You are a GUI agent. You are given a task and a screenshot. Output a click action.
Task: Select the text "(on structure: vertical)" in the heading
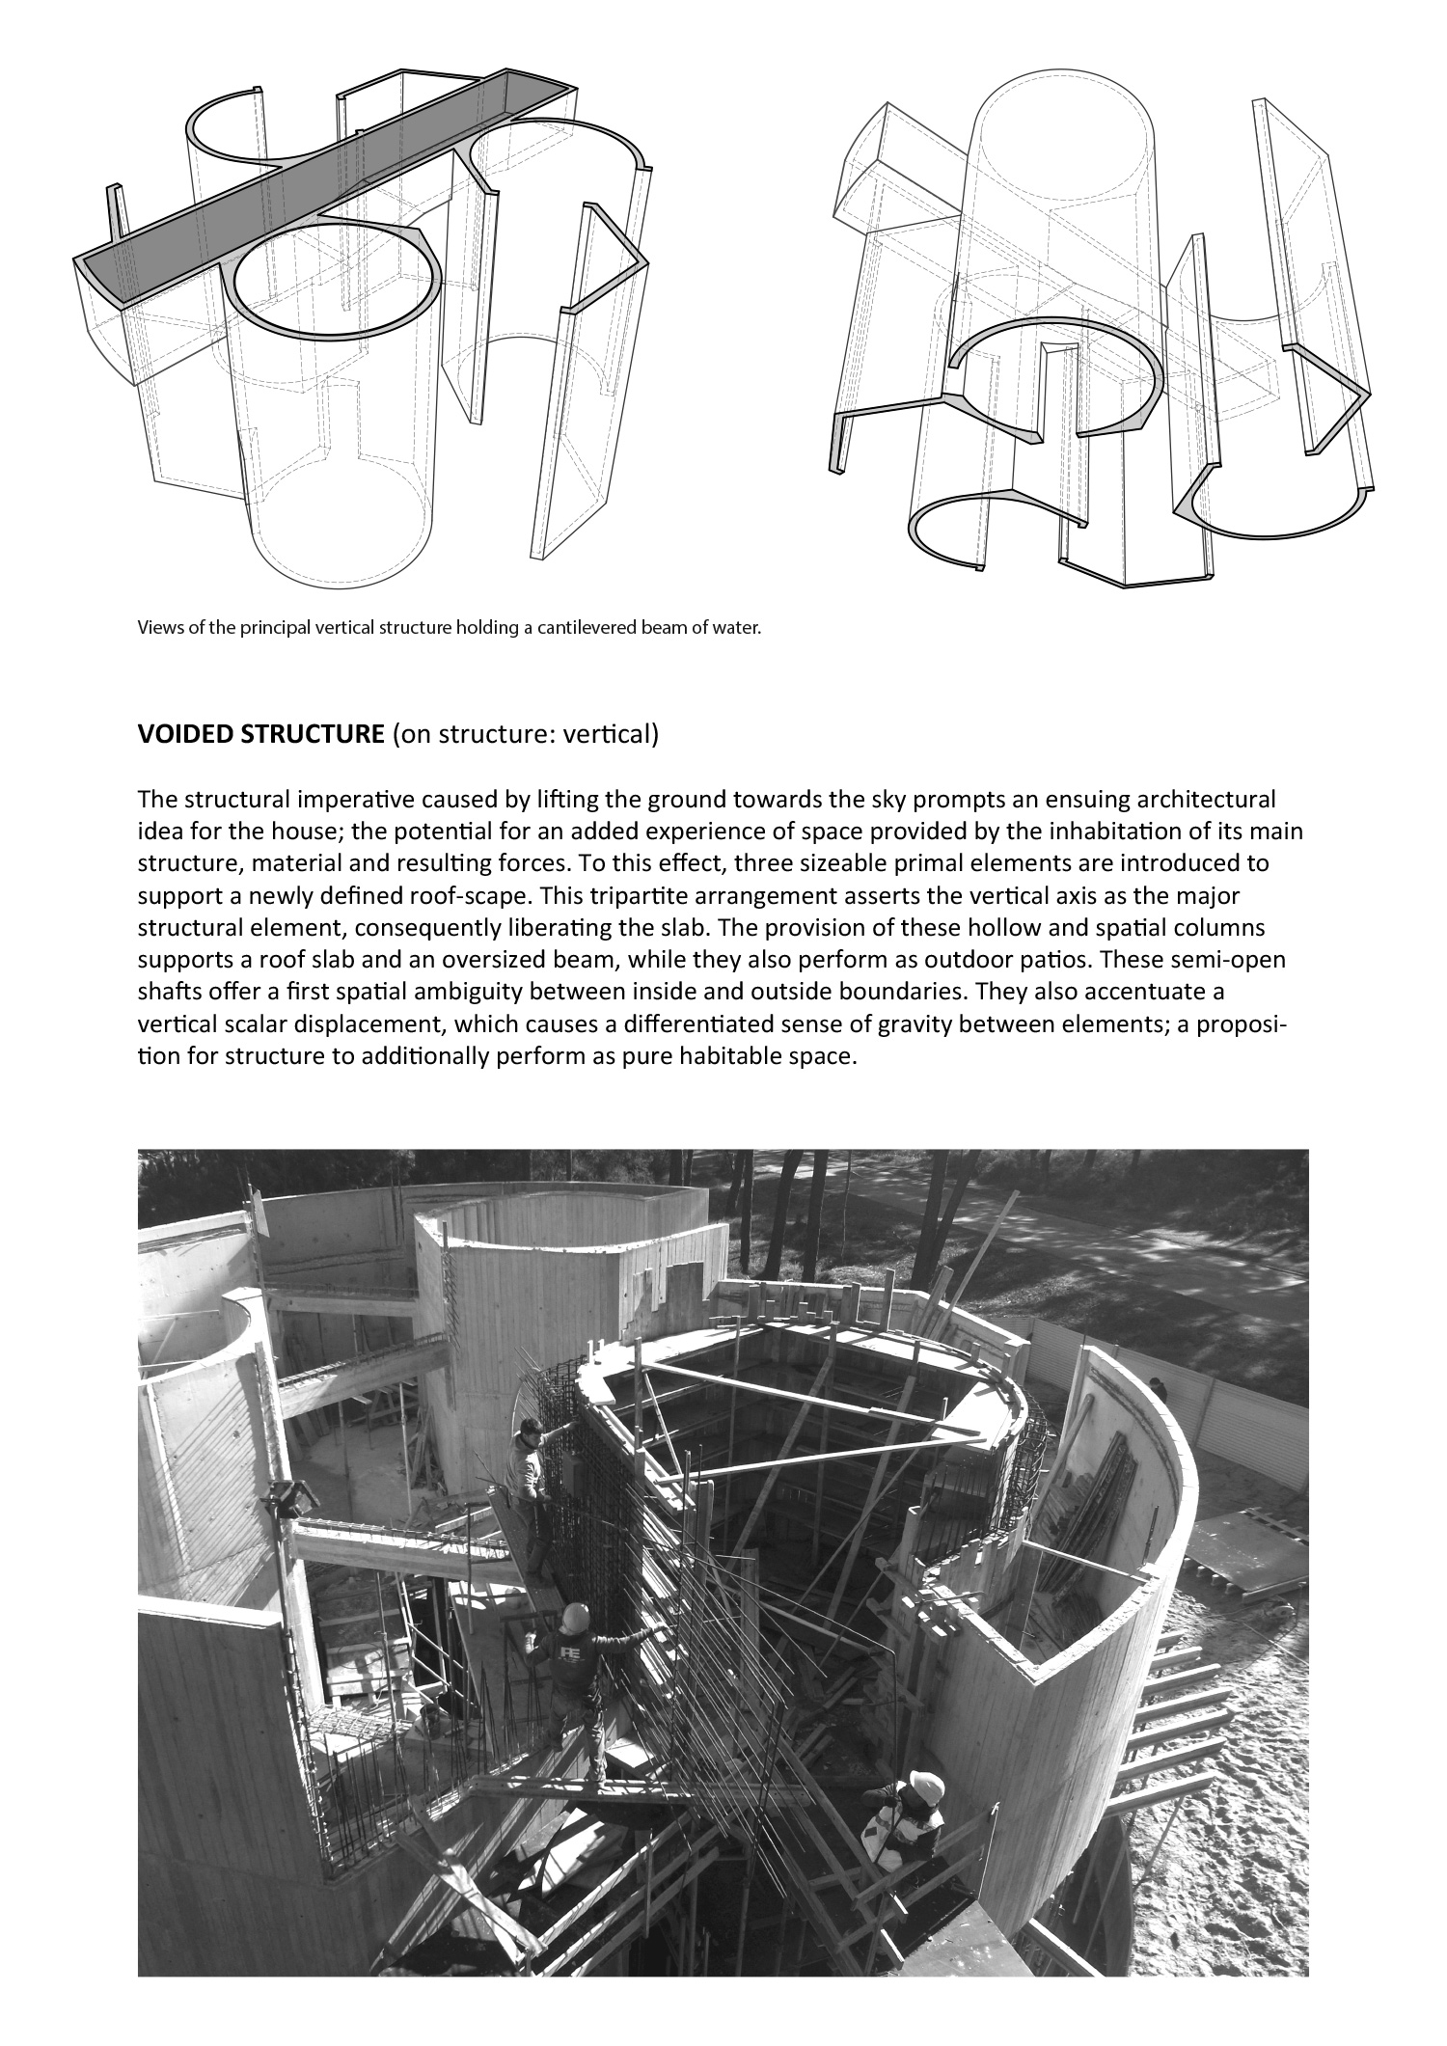[526, 735]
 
